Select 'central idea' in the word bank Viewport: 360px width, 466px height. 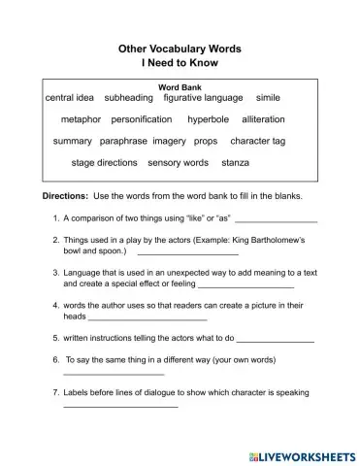coord(70,98)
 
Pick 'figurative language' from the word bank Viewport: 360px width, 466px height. coord(204,98)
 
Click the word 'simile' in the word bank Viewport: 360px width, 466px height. coord(268,98)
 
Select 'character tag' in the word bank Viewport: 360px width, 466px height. coord(258,141)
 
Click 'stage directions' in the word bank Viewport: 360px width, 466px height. coord(105,162)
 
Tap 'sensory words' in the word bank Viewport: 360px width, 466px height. coord(179,162)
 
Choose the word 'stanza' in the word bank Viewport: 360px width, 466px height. coord(236,162)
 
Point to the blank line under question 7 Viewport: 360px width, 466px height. coord(120,406)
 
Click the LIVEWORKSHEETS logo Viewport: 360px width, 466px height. coord(303,453)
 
